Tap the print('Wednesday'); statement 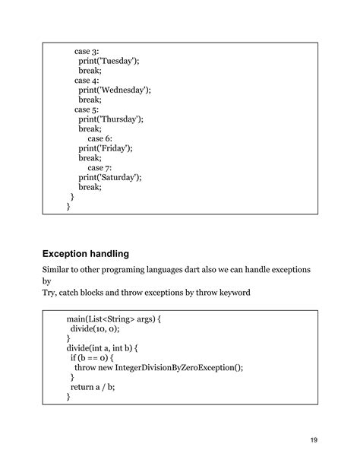click(114, 90)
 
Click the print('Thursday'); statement click(111, 119)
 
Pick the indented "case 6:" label click(100, 138)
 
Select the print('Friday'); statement click(105, 148)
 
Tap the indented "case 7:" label click(100, 167)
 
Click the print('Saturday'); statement click(110, 177)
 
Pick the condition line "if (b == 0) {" click(94, 357)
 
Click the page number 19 click(314, 440)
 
